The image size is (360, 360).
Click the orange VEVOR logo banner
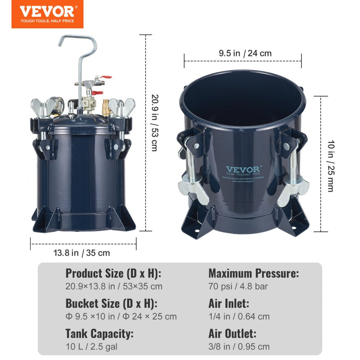click(47, 14)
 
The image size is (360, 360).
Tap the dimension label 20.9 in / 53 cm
click(154, 123)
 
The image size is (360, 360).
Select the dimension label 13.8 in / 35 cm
click(82, 253)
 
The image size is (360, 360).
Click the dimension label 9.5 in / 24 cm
click(245, 54)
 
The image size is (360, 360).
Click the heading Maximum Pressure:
click(253, 274)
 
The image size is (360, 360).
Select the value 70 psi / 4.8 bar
click(238, 287)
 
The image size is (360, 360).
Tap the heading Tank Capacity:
click(99, 333)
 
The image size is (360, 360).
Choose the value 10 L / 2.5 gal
click(91, 347)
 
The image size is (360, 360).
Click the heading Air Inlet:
click(229, 303)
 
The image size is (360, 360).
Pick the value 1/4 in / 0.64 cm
click(239, 316)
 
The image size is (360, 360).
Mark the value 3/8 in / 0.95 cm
click(239, 347)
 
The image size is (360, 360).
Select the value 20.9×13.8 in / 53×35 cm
click(114, 287)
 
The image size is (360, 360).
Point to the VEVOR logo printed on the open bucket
click(242, 169)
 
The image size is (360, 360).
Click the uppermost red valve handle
click(106, 77)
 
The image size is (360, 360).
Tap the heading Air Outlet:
click(232, 333)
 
